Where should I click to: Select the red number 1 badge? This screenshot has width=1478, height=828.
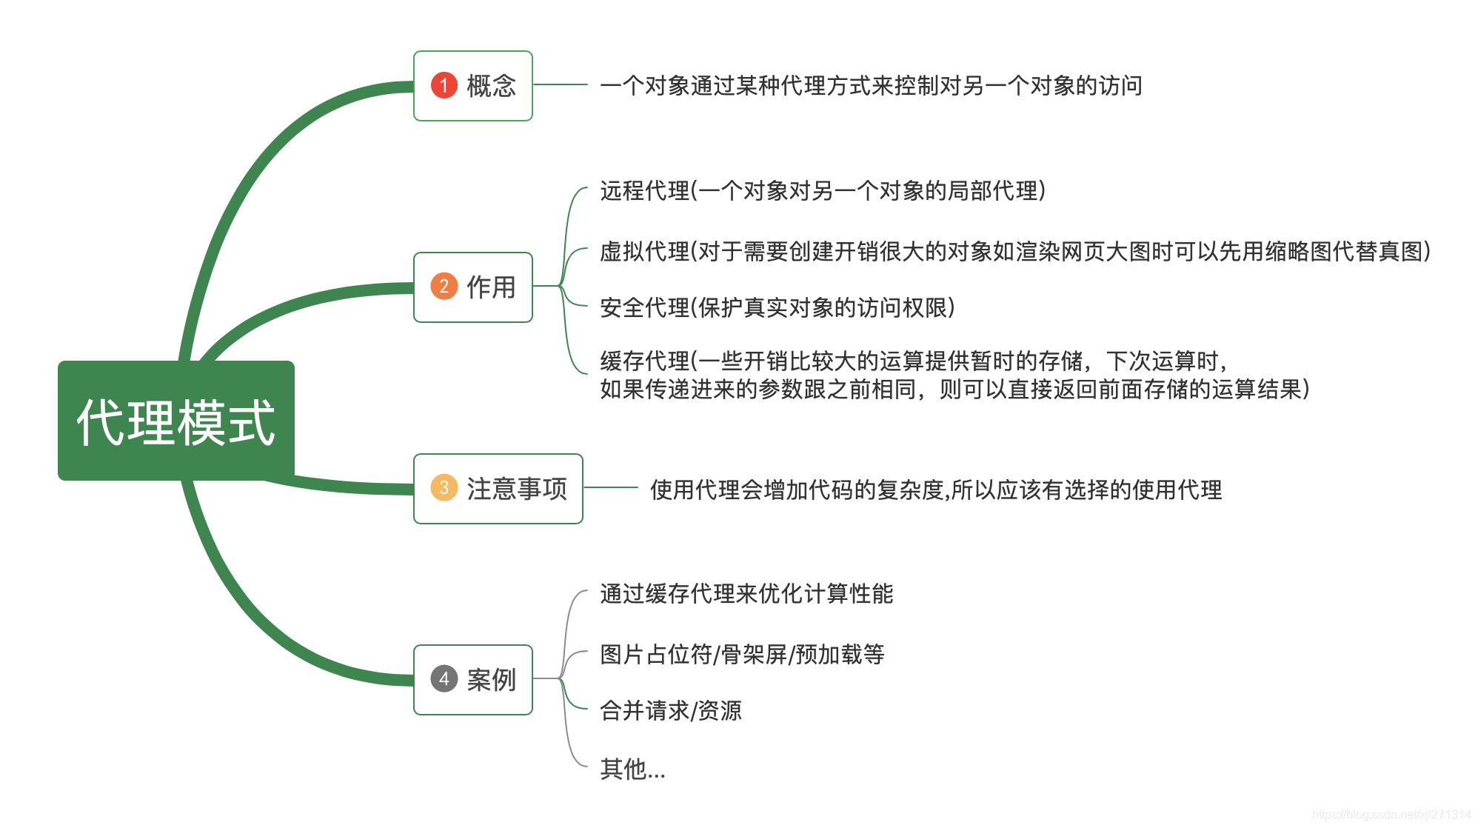[444, 85]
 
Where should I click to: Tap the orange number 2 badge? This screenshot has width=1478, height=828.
[444, 287]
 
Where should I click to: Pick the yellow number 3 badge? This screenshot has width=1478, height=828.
[444, 488]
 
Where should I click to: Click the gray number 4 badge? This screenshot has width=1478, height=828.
[444, 679]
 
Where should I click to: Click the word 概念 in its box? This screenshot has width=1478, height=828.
[491, 86]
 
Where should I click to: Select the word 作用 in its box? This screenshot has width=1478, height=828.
[491, 287]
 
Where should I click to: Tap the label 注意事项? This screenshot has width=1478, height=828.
[517, 489]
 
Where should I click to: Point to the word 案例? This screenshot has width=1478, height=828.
[491, 680]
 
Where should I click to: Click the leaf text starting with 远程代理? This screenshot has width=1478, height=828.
[822, 191]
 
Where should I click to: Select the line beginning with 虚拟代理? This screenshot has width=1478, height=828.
[1014, 252]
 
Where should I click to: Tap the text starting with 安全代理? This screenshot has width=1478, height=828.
[778, 307]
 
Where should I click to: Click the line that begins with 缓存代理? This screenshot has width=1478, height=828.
[914, 361]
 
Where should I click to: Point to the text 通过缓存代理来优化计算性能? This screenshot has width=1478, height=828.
[746, 594]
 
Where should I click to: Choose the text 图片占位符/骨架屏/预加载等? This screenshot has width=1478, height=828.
[742, 655]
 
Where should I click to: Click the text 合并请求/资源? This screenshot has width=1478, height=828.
[671, 711]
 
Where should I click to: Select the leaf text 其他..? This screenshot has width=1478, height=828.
[632, 769]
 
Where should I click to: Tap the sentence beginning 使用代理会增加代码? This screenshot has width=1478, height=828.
[936, 490]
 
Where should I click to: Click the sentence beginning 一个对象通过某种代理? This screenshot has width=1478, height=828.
[871, 86]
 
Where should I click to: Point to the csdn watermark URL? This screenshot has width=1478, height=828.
[1391, 815]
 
